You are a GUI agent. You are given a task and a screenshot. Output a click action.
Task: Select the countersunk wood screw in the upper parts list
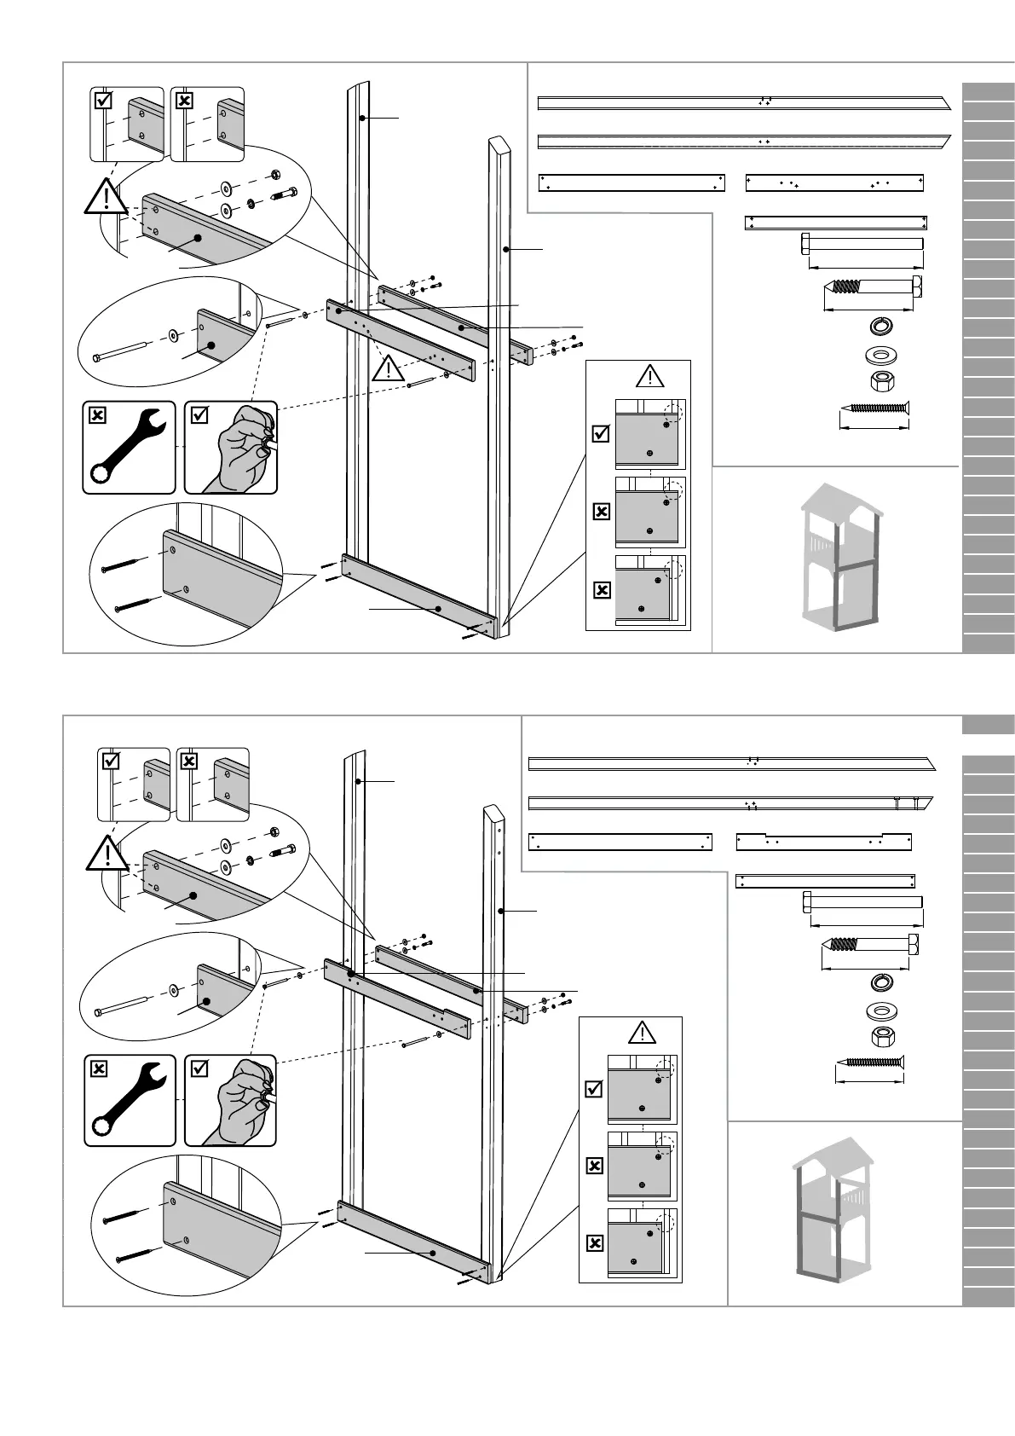click(874, 412)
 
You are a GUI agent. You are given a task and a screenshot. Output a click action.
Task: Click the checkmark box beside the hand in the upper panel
click(199, 415)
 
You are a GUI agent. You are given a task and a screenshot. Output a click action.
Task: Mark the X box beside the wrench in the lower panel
click(99, 1068)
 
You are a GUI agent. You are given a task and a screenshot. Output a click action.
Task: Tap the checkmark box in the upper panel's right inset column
click(601, 434)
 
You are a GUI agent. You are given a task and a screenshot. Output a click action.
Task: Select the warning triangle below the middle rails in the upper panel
click(389, 368)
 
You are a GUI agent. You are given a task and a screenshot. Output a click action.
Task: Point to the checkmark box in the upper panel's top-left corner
click(103, 101)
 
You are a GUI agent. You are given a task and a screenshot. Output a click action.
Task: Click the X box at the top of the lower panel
click(189, 761)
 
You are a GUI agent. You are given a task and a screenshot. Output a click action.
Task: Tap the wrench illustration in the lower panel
click(130, 1100)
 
